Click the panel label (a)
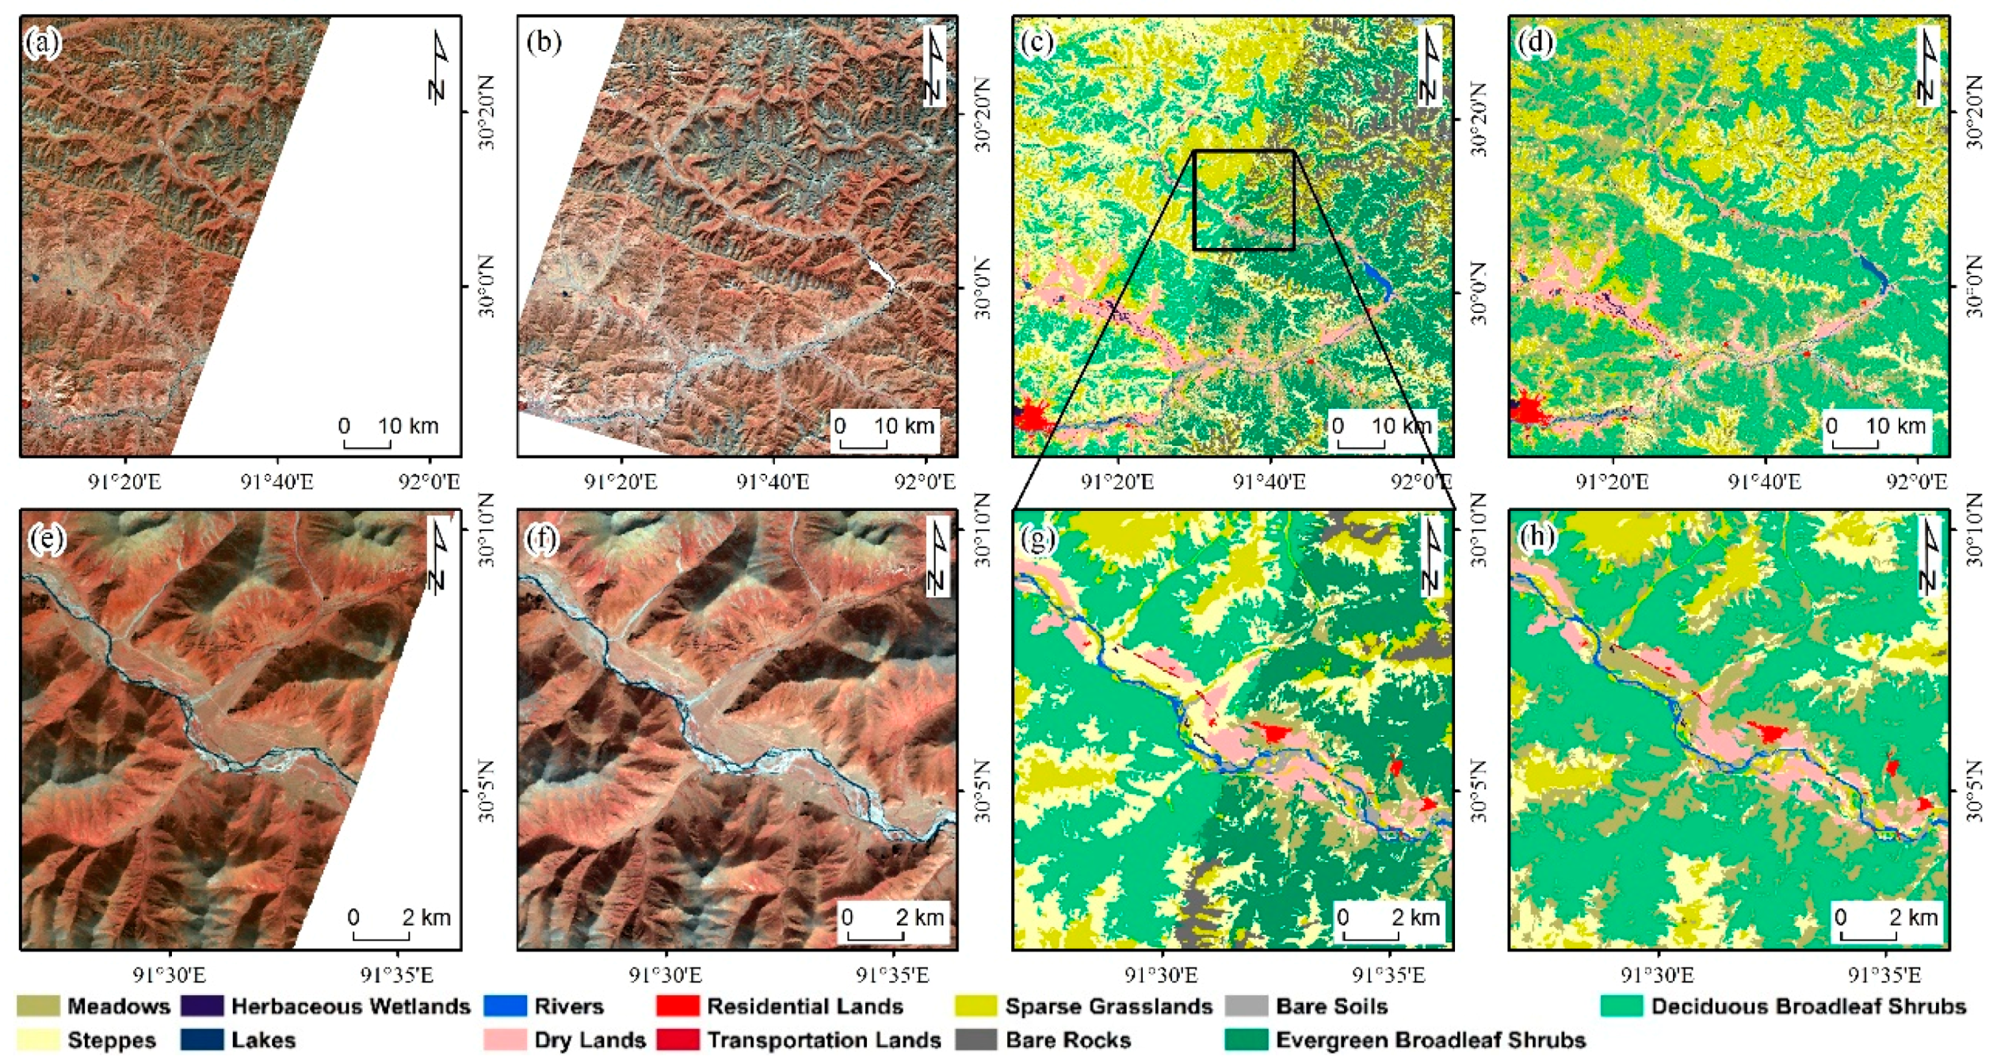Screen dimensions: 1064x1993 coord(43,42)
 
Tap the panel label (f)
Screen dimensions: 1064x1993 coord(543,540)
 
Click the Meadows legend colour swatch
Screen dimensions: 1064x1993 coord(38,1006)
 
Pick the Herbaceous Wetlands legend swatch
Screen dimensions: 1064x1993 coord(201,1006)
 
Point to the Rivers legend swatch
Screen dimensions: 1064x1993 coord(505,1006)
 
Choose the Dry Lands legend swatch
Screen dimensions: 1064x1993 coord(505,1039)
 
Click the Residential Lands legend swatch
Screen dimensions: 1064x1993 coord(678,1006)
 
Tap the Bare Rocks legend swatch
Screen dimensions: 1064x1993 coord(976,1039)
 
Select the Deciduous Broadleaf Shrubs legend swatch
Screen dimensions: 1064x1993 coord(1621,1006)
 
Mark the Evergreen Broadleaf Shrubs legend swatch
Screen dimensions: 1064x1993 coord(1246,1039)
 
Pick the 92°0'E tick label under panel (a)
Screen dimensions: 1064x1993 coord(429,482)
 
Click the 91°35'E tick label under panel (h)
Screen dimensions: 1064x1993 coord(1884,974)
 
